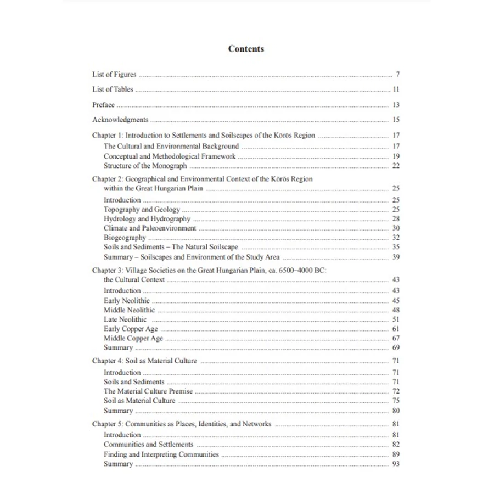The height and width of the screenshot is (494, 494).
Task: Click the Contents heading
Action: [246, 49]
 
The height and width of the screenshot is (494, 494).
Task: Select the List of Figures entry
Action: [114, 75]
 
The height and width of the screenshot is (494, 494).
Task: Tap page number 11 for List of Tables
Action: [396, 89]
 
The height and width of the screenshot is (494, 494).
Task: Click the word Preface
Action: [103, 105]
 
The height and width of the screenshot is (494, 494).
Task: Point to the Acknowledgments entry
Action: [120, 120]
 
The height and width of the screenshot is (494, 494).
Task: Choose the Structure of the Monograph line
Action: [145, 166]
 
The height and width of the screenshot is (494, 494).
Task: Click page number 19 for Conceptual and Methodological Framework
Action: [396, 156]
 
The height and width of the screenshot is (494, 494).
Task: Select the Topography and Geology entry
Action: [142, 210]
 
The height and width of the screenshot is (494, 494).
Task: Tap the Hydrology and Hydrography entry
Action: [147, 219]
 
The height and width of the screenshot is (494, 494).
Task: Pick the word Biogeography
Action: [125, 238]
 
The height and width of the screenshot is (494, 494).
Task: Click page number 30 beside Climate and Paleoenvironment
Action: [396, 228]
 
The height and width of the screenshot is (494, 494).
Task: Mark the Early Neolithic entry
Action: [126, 301]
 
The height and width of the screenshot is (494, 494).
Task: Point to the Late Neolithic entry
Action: [125, 319]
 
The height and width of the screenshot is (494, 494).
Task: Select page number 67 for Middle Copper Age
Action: [396, 339]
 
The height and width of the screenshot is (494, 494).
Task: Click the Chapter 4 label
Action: [104, 361]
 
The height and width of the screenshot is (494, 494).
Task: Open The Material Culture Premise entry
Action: [148, 391]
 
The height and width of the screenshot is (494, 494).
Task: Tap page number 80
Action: [396, 411]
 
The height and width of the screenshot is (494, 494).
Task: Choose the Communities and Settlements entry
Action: [148, 445]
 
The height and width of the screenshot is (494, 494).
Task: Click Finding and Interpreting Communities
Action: [161, 454]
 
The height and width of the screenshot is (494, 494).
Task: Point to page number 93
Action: [396, 464]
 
